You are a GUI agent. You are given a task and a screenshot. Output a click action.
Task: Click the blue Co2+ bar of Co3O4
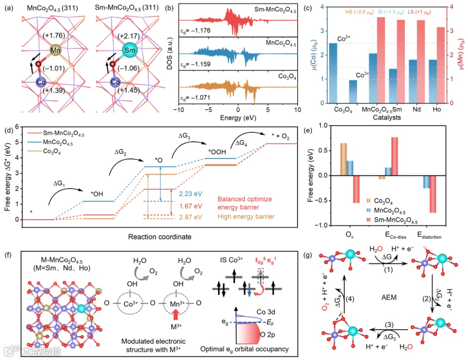pyautogui.click(x=333, y=73)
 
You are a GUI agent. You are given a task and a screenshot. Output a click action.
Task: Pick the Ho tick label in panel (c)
pyautogui.click(x=438, y=110)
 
